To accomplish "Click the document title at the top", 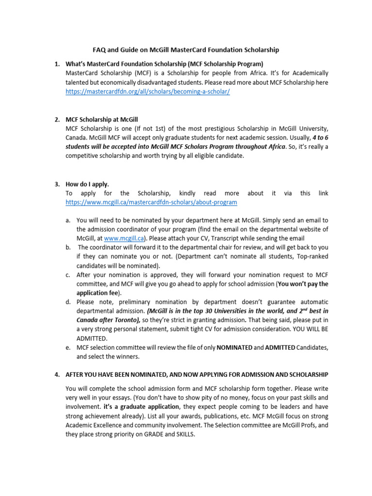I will click(x=186, y=50).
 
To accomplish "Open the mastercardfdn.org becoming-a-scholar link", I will click(x=148, y=92).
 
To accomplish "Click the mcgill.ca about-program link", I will click(x=152, y=202).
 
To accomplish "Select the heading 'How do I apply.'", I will click(x=88, y=184).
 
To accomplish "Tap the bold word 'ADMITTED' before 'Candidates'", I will click(x=279, y=348).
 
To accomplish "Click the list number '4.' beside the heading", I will click(x=57, y=374).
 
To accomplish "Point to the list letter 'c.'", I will click(x=68, y=275).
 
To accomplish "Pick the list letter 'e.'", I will click(x=68, y=348).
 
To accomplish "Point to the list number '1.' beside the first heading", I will click(x=57, y=64).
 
